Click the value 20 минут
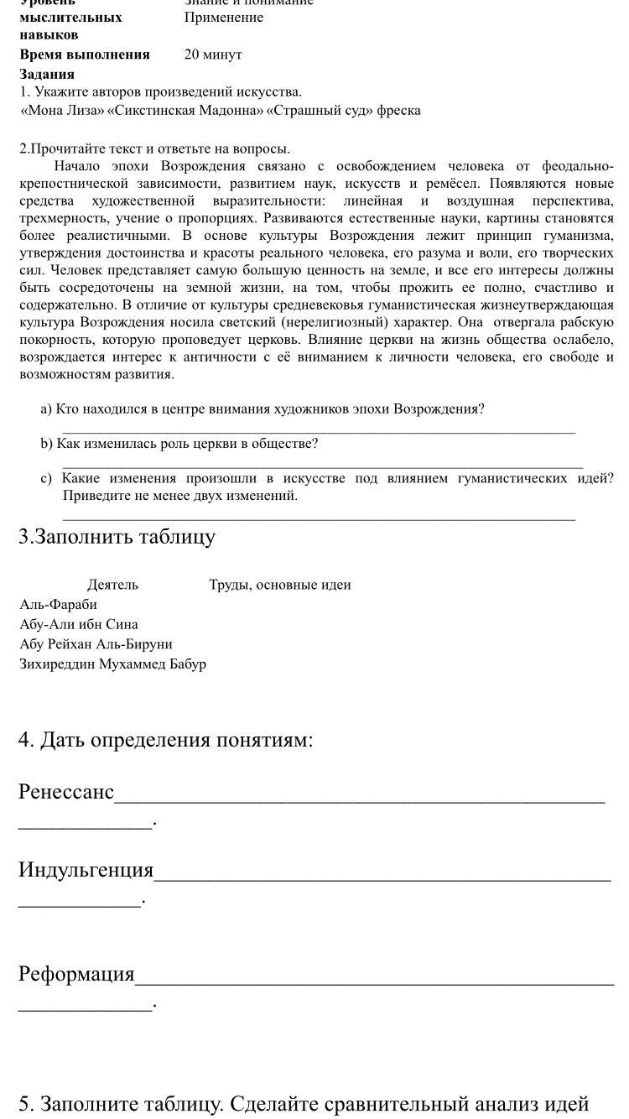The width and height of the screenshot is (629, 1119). tap(213, 55)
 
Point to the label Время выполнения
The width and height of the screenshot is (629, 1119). tap(85, 55)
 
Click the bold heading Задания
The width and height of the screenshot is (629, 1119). tap(47, 74)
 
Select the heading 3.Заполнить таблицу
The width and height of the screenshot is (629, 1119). tap(117, 537)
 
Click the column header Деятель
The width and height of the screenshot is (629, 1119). tap(112, 585)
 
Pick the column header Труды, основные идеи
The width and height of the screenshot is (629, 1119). tap(279, 585)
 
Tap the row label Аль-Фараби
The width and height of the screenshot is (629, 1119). tap(58, 605)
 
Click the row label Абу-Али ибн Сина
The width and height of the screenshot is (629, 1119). tap(78, 625)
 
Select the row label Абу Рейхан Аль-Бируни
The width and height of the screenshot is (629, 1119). tap(96, 644)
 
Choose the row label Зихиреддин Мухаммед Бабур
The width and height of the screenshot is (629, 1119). tap(112, 664)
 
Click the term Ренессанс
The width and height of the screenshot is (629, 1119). tap(66, 792)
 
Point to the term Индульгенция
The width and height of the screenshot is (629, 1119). tap(86, 870)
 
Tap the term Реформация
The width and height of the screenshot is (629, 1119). tap(76, 974)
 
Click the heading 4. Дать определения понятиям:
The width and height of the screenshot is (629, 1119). tap(165, 740)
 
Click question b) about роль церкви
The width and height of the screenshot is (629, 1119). tap(179, 444)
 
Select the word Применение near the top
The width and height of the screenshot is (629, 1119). tap(223, 18)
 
